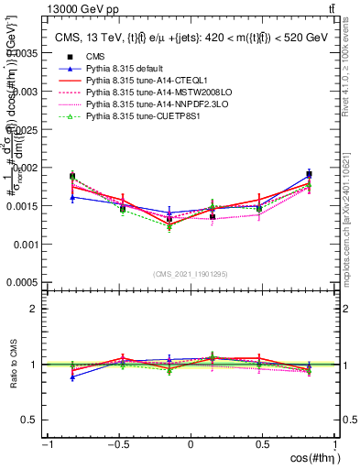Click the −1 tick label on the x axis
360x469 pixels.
(x=46, y=444)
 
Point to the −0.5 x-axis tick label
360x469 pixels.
(x=115, y=444)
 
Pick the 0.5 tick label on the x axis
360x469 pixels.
(x=262, y=444)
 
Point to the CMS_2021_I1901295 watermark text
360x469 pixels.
(x=190, y=274)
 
